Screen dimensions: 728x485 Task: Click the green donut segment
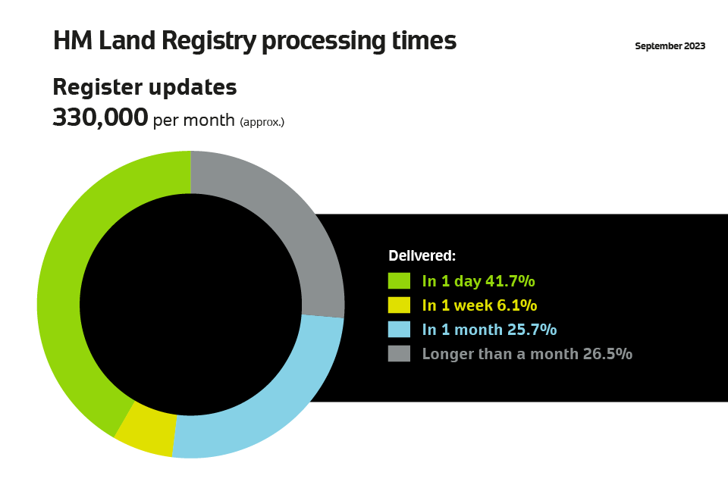point(59,297)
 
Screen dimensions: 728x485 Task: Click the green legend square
point(399,281)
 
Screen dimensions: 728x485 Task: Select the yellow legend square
point(399,305)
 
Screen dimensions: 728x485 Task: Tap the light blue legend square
point(399,329)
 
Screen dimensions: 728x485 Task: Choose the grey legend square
point(399,354)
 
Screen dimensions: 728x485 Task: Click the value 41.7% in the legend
point(510,281)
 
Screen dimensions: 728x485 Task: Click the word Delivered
point(422,255)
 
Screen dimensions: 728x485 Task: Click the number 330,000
point(100,117)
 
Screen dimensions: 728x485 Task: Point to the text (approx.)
point(262,122)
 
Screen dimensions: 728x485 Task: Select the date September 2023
point(670,46)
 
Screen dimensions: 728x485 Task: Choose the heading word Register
point(96,88)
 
